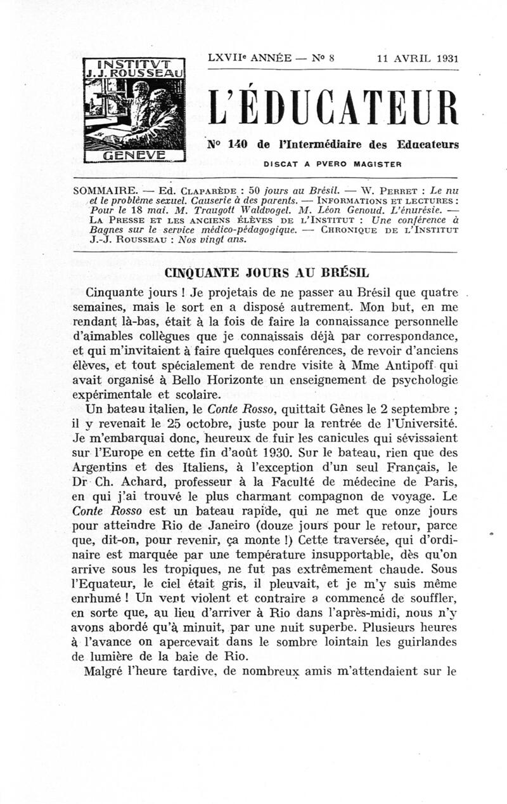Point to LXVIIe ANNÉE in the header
[x=249, y=58]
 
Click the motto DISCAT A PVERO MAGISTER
[x=333, y=164]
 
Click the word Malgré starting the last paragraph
[x=105, y=671]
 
